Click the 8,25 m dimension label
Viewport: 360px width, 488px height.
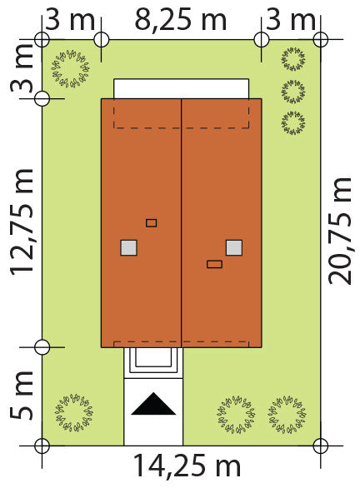(x=181, y=20)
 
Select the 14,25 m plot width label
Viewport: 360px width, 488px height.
(x=187, y=466)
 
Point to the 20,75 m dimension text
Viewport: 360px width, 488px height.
(x=340, y=231)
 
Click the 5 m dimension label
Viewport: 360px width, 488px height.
(x=21, y=395)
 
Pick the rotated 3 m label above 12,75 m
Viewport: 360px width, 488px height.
(x=21, y=68)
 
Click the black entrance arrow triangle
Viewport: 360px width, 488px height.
(x=153, y=404)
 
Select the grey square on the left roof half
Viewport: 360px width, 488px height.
(x=128, y=247)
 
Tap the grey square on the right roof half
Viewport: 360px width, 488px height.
(x=234, y=247)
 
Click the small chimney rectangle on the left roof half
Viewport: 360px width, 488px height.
(x=152, y=223)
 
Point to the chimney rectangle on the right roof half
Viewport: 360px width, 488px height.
(x=214, y=264)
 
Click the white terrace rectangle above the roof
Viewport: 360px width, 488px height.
(x=181, y=89)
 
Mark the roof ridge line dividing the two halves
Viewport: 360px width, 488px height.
(x=181, y=223)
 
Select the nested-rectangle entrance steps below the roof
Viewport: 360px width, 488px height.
(x=153, y=363)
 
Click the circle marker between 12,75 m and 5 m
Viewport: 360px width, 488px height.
(x=42, y=347)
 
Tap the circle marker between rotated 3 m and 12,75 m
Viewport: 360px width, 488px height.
(x=42, y=98)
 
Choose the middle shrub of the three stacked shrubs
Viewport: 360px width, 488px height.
(x=292, y=92)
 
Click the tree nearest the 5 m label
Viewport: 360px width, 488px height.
(x=74, y=412)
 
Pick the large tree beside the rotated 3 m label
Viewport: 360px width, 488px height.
(x=70, y=68)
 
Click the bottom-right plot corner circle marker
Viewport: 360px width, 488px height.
(x=321, y=446)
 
